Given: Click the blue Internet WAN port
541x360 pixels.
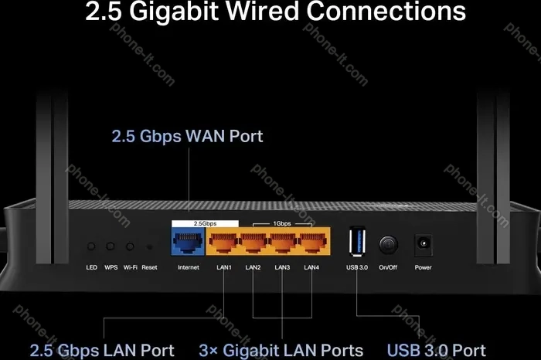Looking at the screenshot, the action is tap(188, 241).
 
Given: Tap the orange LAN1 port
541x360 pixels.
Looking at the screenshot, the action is tap(223, 242).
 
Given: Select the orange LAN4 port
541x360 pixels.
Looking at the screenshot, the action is tap(312, 242).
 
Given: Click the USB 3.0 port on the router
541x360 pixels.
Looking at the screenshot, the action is tap(357, 241).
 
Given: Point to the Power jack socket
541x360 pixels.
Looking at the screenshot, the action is tap(424, 243).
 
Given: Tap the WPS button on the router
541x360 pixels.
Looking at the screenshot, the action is tap(111, 246).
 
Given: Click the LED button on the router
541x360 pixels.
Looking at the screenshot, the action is tap(91, 246).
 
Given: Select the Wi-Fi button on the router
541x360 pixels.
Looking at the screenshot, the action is tap(130, 246).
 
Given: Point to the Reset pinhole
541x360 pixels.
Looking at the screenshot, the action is tap(149, 247).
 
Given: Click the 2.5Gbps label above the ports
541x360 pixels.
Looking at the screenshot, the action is tap(205, 223).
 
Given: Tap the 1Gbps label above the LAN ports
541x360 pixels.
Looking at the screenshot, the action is tap(282, 223).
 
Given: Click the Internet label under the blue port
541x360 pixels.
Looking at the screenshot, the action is tap(189, 267).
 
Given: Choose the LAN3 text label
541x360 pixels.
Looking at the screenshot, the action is tap(282, 267).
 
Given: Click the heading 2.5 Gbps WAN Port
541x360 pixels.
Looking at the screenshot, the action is tap(187, 136).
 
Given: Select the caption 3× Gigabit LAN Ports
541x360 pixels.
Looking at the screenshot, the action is tap(281, 351).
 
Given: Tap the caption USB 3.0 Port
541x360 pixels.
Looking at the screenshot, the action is tap(437, 351).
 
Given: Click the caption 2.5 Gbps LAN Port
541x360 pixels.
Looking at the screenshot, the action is tap(102, 351).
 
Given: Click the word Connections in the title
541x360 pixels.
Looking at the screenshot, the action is tap(386, 11).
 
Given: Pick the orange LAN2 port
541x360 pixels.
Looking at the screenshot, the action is tap(253, 242).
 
